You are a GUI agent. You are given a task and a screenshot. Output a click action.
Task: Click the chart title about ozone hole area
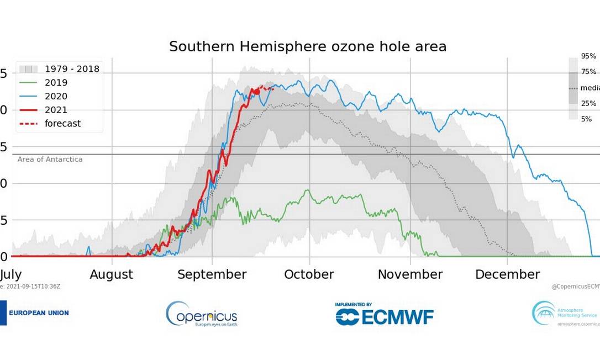click(x=308, y=46)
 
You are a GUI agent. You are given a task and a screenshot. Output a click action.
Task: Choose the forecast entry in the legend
click(x=62, y=124)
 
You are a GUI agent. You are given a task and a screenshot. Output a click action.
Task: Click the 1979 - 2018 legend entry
click(x=72, y=69)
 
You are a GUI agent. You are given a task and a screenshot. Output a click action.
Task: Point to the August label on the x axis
click(x=111, y=274)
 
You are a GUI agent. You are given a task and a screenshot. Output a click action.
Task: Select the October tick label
click(x=309, y=274)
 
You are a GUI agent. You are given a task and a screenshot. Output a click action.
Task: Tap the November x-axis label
click(x=410, y=274)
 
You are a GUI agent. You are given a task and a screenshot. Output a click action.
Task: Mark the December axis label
click(x=507, y=274)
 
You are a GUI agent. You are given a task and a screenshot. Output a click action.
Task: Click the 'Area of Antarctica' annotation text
click(x=50, y=160)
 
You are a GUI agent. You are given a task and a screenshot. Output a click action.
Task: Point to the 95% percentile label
click(x=588, y=56)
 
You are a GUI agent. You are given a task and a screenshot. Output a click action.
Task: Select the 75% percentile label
click(x=588, y=72)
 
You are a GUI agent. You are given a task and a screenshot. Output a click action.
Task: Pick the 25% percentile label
click(x=588, y=103)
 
